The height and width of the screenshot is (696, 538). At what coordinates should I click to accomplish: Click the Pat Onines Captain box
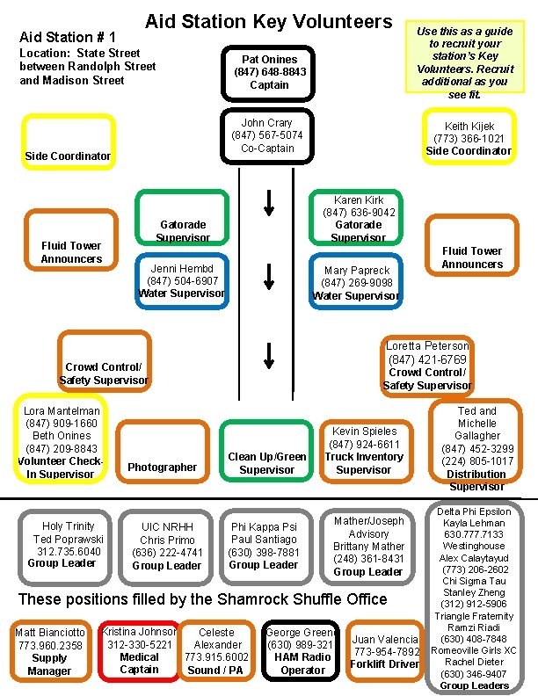[x=268, y=72]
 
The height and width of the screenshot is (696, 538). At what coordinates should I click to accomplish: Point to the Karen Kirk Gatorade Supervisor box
[x=357, y=218]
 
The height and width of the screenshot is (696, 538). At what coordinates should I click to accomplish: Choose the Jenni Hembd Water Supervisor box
[x=182, y=280]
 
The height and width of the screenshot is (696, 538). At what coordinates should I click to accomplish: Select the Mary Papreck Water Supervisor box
[x=357, y=282]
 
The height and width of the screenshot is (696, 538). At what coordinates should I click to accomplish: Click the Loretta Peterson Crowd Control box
[x=427, y=365]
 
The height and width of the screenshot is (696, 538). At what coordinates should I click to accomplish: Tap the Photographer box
[x=163, y=453]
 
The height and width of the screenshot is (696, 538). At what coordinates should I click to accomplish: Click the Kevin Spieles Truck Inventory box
[x=363, y=451]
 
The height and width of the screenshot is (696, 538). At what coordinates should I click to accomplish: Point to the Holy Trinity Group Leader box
[x=67, y=544]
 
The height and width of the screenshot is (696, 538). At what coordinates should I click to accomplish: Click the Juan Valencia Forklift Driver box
[x=386, y=651]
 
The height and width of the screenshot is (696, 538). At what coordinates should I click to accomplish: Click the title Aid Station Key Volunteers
[x=268, y=21]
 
